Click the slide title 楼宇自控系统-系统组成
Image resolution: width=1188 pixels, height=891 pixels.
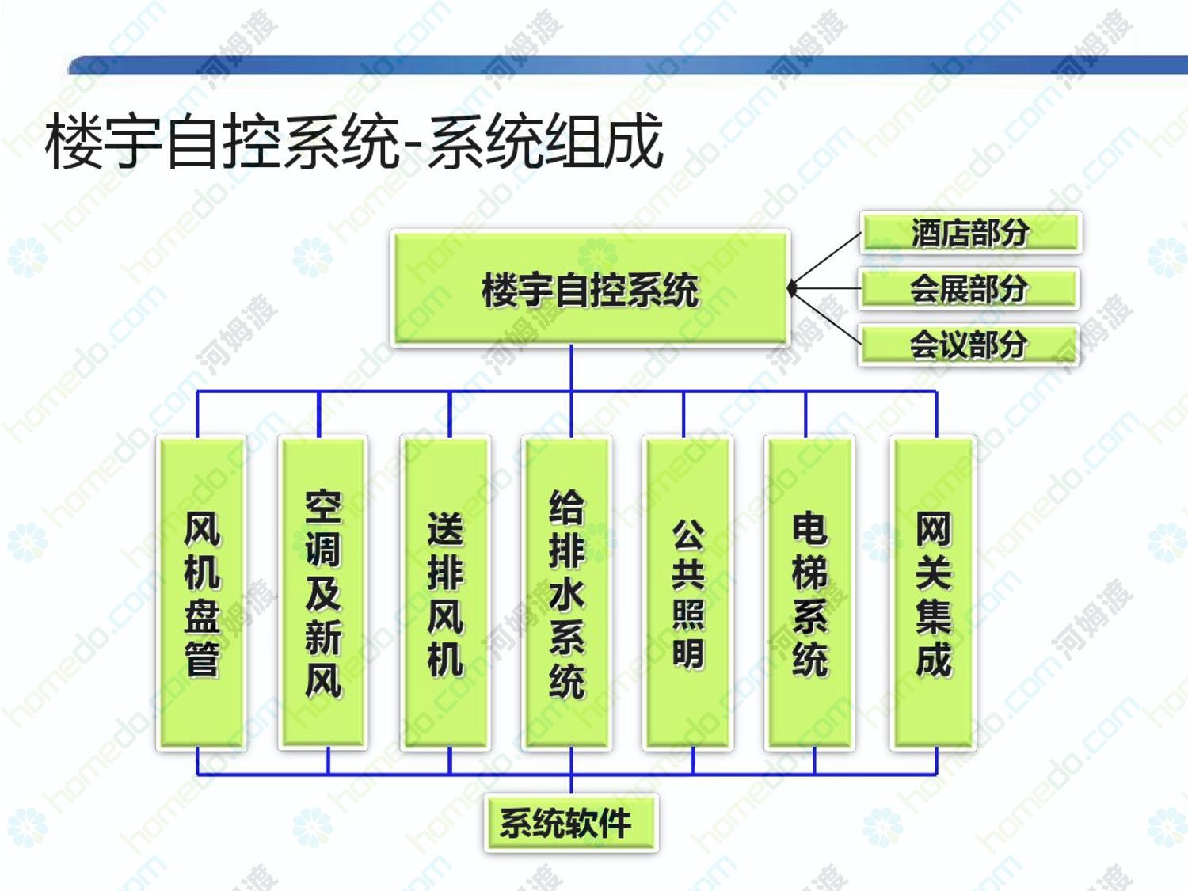point(355,142)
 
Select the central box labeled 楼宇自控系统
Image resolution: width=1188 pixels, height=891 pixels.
point(590,288)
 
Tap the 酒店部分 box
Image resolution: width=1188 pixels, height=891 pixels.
point(970,233)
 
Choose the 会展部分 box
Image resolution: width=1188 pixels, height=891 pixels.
point(969,288)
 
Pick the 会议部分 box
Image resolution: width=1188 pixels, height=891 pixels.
point(969,345)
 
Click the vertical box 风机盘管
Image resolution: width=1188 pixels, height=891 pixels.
point(201,593)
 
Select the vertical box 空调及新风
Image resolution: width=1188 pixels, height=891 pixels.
point(323,593)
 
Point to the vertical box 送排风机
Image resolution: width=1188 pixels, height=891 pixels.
point(445,593)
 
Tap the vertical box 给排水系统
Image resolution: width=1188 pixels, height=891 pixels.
point(566,593)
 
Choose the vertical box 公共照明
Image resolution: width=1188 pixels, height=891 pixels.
point(688,593)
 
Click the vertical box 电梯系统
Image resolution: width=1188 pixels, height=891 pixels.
point(809,593)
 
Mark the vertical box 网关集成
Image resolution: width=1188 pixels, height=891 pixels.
point(933,593)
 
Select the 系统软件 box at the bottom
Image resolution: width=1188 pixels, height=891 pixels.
point(572,823)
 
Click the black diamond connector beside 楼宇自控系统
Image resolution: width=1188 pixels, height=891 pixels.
point(792,289)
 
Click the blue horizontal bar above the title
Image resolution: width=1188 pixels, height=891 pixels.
point(628,65)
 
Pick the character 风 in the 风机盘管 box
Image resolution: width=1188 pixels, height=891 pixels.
point(202,528)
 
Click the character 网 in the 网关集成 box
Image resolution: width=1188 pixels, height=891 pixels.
point(934,528)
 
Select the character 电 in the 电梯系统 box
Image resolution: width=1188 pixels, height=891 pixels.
point(810,528)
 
